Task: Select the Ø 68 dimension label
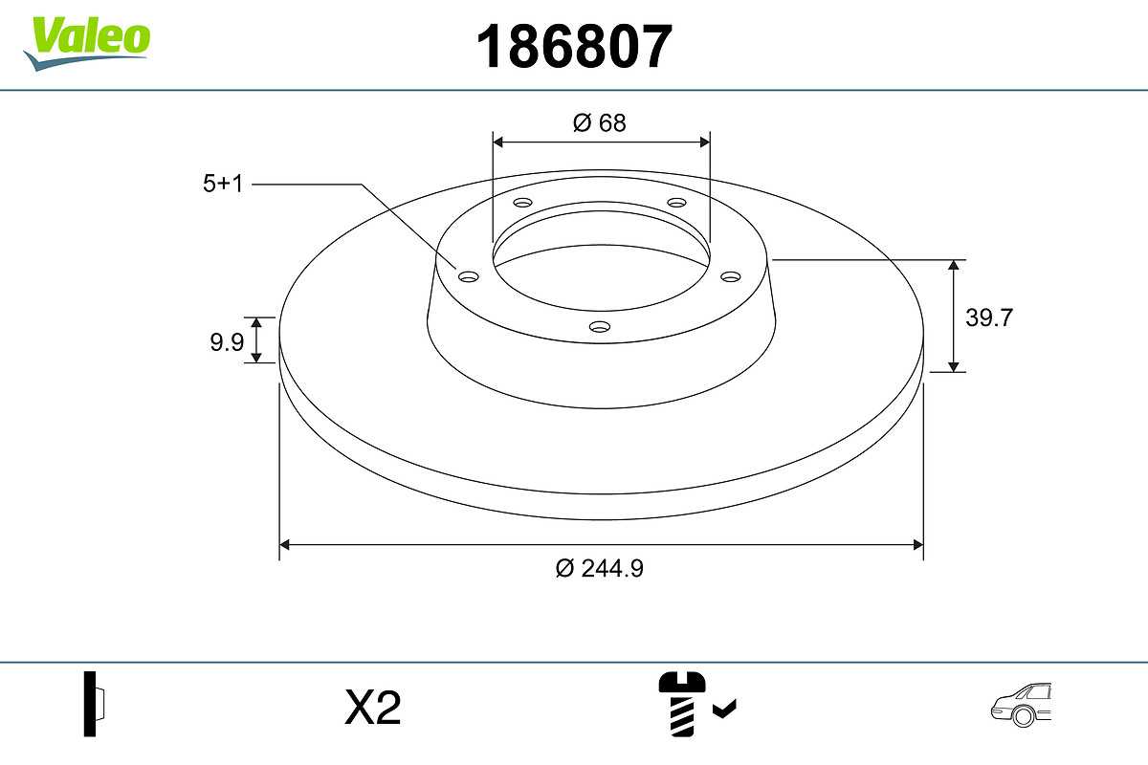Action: click(x=600, y=122)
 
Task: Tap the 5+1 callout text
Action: click(x=223, y=184)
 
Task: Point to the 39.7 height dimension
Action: click(x=988, y=317)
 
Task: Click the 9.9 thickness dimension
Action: click(x=227, y=341)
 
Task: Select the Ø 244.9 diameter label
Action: click(x=600, y=568)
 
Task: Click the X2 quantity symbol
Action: click(x=372, y=709)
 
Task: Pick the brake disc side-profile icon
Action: click(x=95, y=703)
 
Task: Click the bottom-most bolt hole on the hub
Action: click(x=600, y=327)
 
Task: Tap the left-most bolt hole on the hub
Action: click(x=468, y=276)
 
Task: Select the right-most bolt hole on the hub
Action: click(x=731, y=276)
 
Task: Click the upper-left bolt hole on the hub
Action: click(x=522, y=203)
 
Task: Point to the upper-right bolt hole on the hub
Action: click(x=677, y=203)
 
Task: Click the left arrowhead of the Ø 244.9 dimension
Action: click(x=284, y=545)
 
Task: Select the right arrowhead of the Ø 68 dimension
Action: click(x=705, y=142)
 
